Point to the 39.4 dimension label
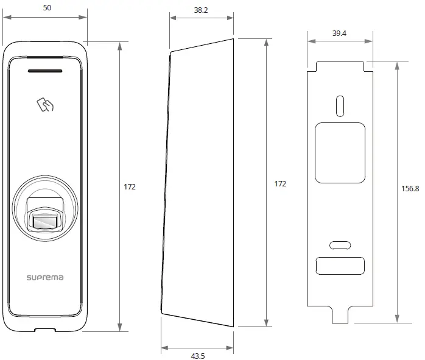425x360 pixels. tap(339, 34)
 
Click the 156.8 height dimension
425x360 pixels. tap(410, 189)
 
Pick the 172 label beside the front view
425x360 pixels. tap(129, 186)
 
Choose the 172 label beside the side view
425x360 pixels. tap(279, 183)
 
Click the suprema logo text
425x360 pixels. tap(44, 278)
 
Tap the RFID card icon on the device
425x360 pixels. tap(45, 105)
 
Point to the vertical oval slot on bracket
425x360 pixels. tap(340, 105)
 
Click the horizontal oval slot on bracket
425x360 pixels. tap(340, 245)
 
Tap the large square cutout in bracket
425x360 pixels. tap(340, 152)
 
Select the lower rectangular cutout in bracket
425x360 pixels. tap(340, 266)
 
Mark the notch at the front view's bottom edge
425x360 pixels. tap(44, 330)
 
